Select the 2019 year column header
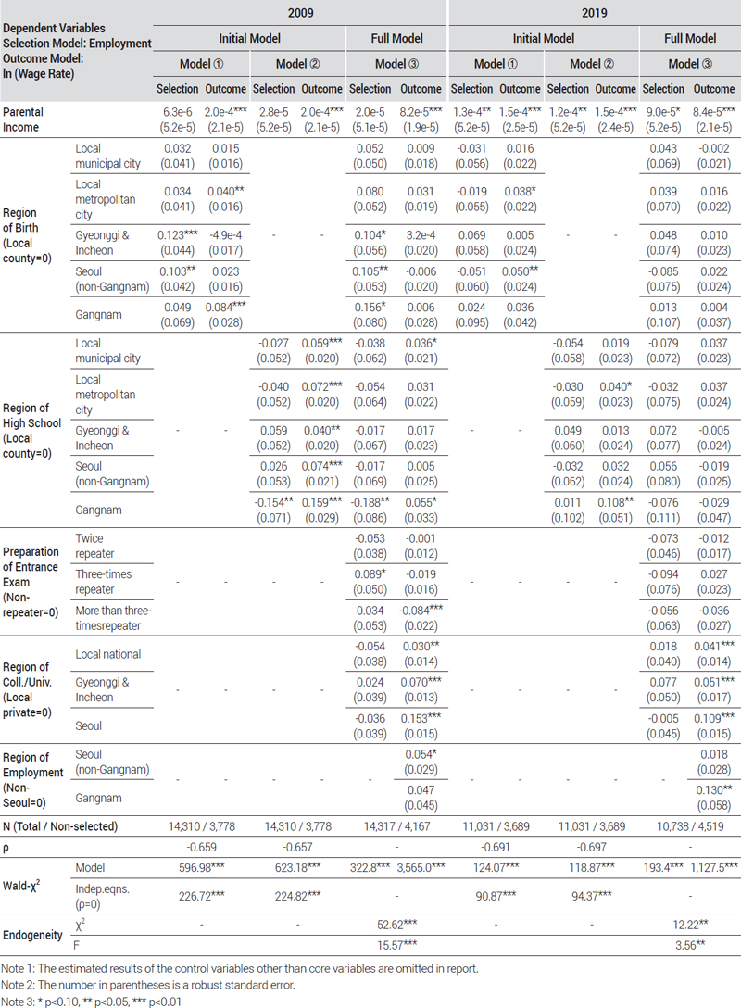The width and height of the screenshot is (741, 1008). pos(594,14)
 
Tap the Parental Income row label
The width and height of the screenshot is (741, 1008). pos(23,118)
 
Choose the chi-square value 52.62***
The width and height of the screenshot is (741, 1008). pos(396,926)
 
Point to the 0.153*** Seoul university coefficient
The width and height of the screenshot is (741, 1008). pos(421,719)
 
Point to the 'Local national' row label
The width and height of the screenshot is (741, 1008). pos(107,654)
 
